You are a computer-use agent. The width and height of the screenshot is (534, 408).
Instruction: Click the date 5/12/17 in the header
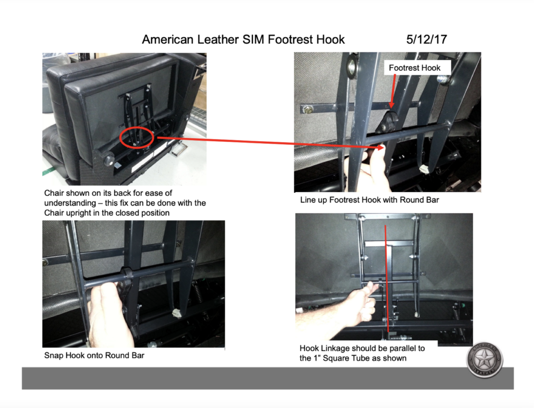pos(427,40)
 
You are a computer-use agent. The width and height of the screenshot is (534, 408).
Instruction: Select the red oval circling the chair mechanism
pos(137,137)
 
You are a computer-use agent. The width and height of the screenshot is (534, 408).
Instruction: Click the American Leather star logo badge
pos(484,360)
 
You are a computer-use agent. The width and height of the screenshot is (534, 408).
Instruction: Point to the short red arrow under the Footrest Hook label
pos(394,91)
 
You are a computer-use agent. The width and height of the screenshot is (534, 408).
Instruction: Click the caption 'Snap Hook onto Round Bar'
pos(94,355)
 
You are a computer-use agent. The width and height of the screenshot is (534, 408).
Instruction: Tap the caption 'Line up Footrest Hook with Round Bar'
pos(370,200)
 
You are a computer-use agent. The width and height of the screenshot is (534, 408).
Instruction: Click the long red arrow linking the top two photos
pos(269,143)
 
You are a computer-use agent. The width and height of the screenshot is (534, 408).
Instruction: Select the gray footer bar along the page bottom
pos(268,378)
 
